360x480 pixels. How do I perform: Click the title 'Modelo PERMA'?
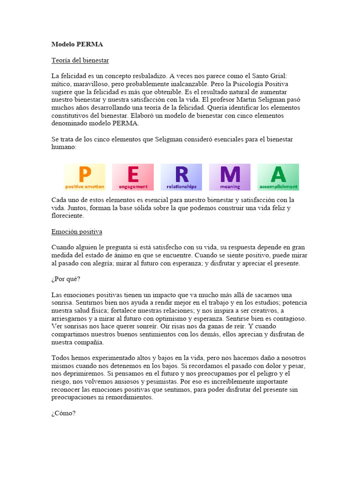(77, 45)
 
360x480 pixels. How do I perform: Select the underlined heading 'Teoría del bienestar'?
(80, 60)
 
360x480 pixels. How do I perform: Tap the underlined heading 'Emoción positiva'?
(76, 232)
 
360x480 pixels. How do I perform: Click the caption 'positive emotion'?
(84, 187)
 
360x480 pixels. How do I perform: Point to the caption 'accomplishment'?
(278, 187)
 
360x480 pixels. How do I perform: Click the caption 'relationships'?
(181, 187)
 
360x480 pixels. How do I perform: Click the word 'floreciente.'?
(68, 216)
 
